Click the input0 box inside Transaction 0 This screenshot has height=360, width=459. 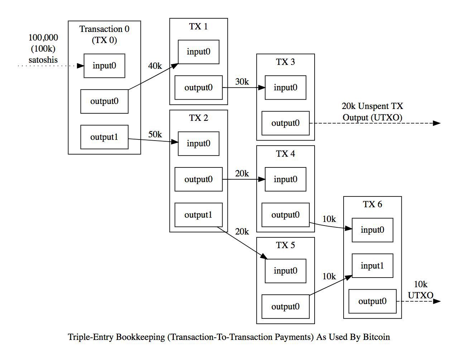click(104, 66)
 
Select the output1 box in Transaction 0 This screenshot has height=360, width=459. click(104, 137)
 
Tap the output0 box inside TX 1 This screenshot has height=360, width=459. click(199, 87)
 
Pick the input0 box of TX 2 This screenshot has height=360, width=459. click(199, 143)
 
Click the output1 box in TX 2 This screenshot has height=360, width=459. click(199, 215)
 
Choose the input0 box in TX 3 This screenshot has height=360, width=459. click(286, 87)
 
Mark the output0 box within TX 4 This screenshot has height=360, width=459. click(286, 215)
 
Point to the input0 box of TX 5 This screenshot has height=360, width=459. click(286, 271)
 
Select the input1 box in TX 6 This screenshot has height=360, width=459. click(372, 266)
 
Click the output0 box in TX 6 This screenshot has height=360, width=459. click(372, 301)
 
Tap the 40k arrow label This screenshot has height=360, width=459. click(155, 66)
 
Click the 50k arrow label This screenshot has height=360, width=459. click(155, 134)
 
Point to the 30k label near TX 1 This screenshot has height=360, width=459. click(242, 82)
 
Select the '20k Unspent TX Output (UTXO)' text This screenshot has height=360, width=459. click(372, 112)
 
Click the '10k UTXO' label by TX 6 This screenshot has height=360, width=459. click(421, 290)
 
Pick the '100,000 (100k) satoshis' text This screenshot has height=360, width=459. click(43, 48)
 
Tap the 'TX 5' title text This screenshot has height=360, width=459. click(286, 245)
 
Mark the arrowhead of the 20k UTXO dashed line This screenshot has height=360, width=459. click(437, 123)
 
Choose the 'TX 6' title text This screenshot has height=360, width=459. click(372, 204)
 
